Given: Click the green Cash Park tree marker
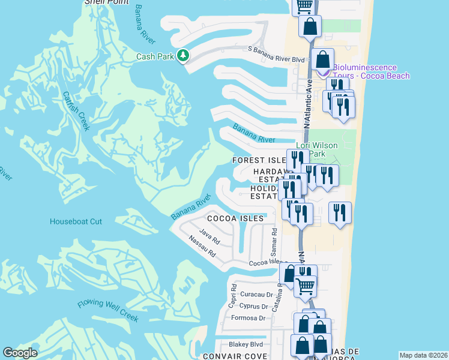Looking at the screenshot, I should pos(183,56).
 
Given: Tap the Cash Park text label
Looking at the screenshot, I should pos(155,56).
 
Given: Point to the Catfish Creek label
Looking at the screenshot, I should pos(76,110).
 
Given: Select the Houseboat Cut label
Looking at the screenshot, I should pos(76,221).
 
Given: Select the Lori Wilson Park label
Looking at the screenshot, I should pos(317,149).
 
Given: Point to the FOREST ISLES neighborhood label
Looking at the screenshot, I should pos(259,161).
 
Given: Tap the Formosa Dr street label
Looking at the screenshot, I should pos(249,318).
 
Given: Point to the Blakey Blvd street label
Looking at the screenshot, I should pos(246,344).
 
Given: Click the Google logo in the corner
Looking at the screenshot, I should pos(19,353).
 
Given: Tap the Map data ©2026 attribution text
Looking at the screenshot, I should pos(423,355).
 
